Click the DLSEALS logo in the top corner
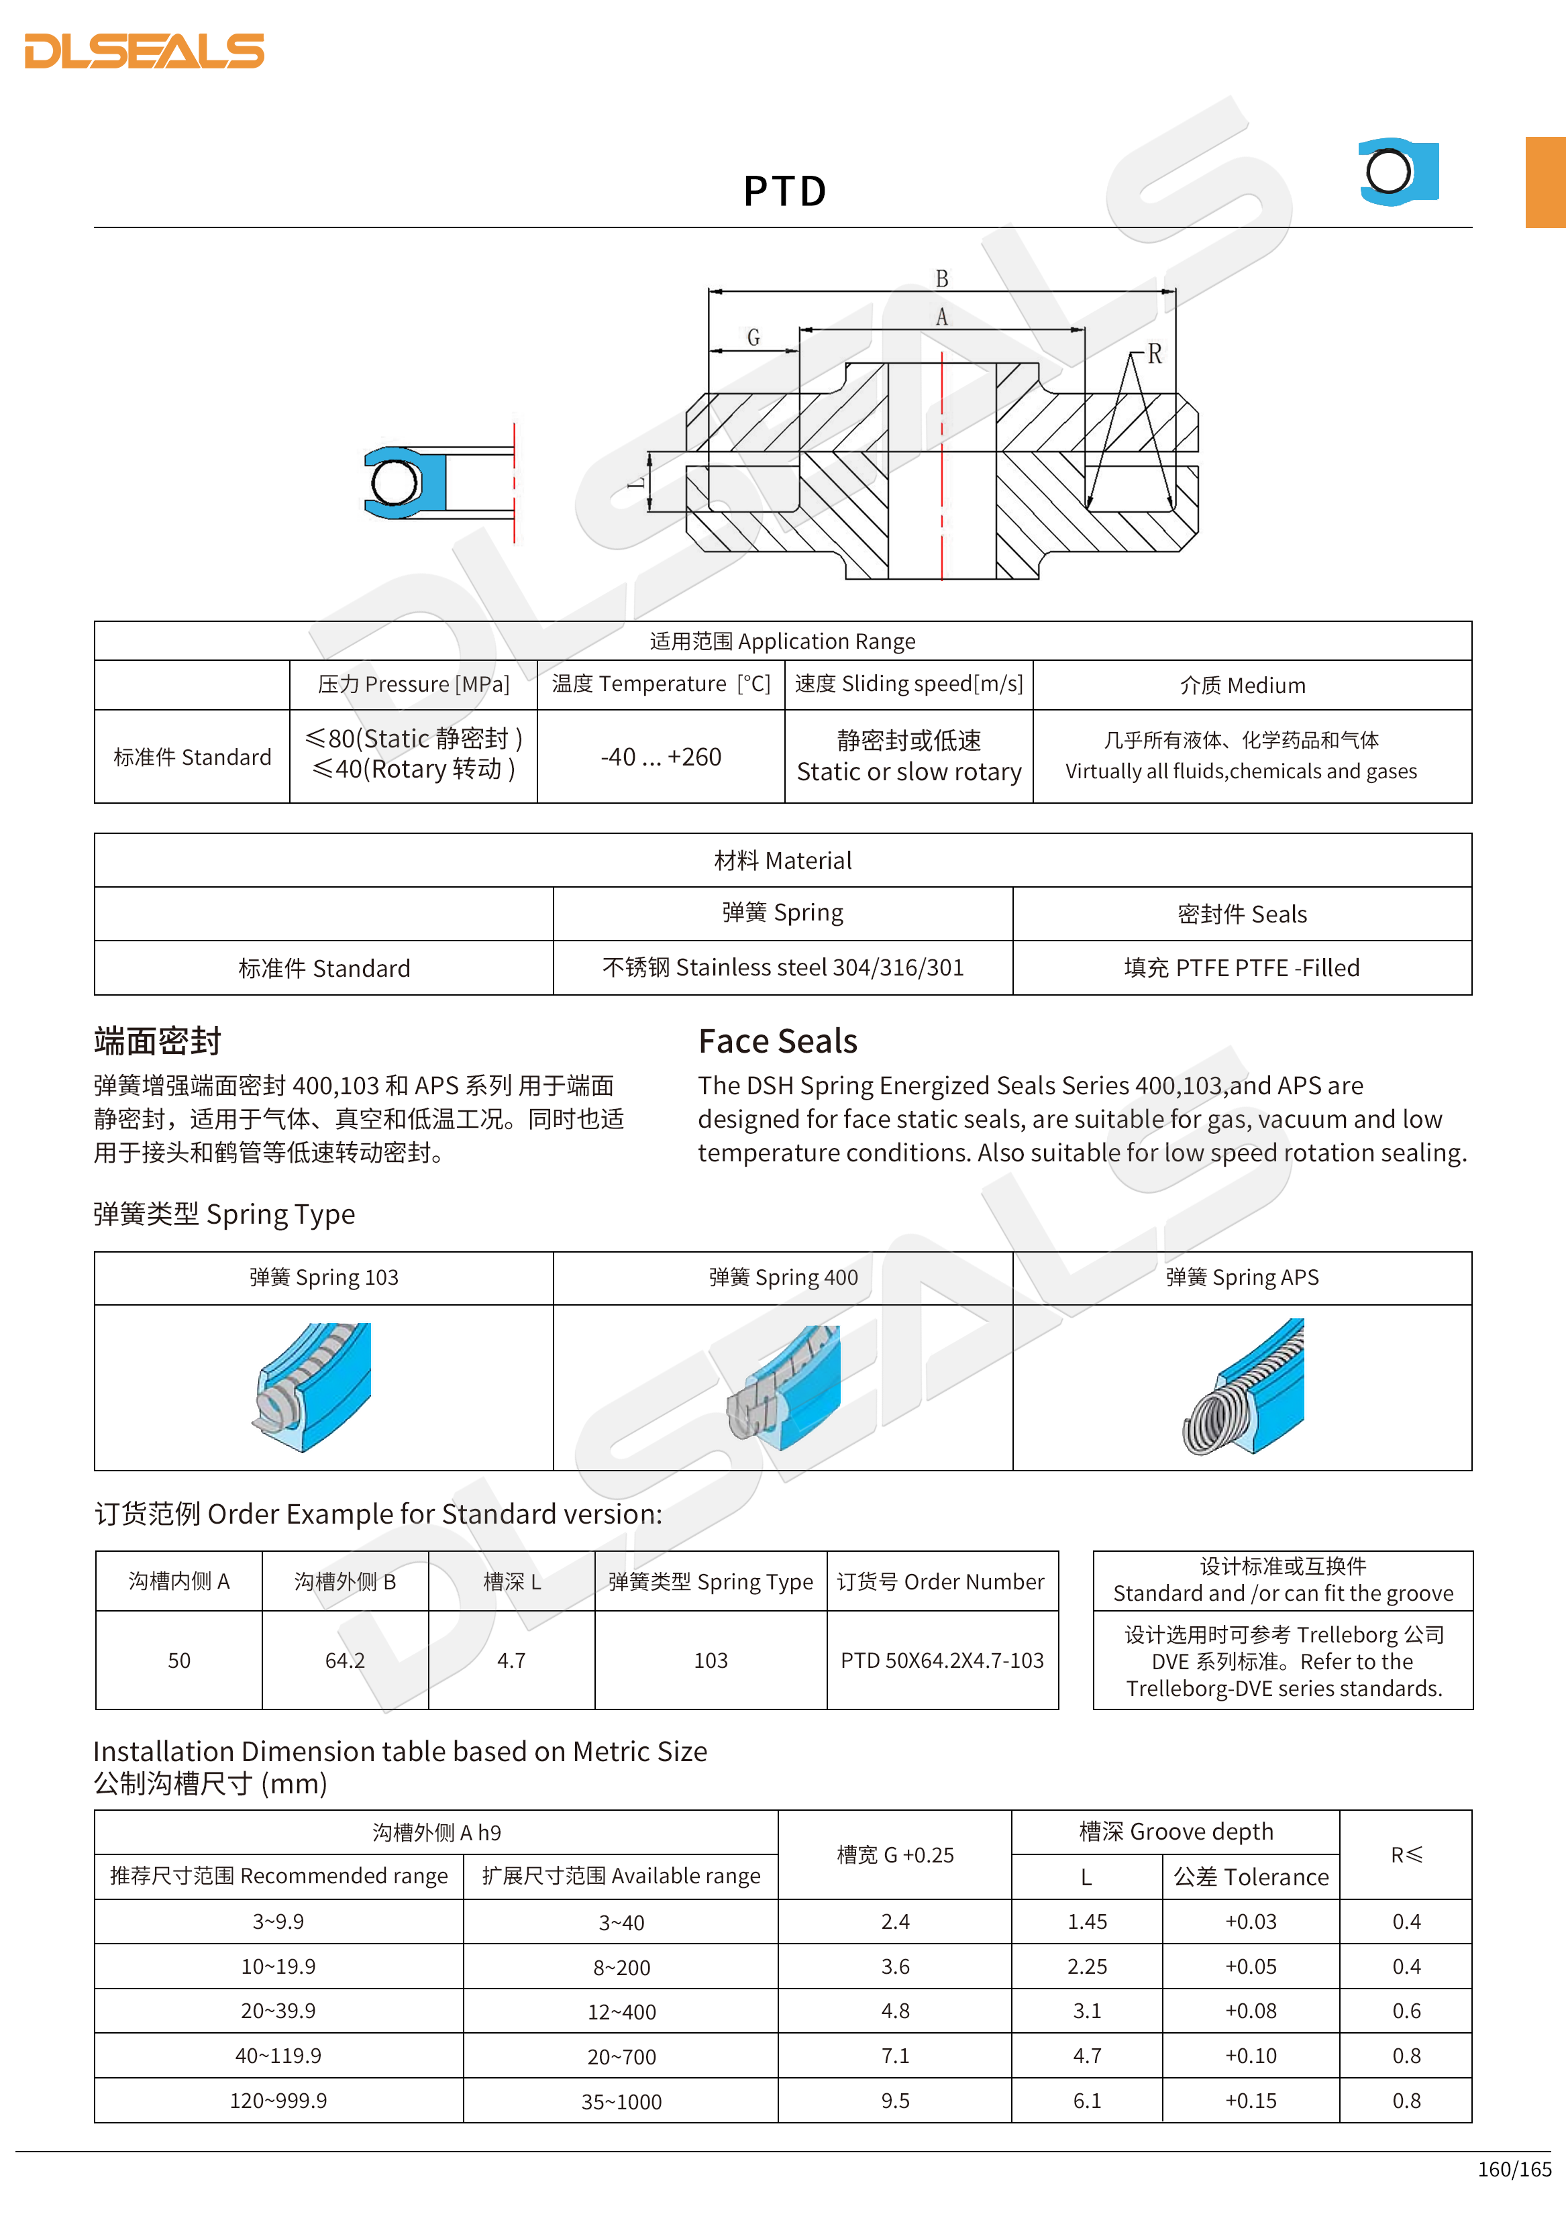pyautogui.click(x=145, y=51)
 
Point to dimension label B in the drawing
pyautogui.click(x=942, y=278)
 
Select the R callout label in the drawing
pyautogui.click(x=1154, y=354)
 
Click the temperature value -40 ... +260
pyautogui.click(x=660, y=757)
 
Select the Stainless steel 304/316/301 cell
pyautogui.click(x=783, y=967)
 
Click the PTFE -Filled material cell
pyautogui.click(x=1241, y=967)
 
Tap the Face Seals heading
pyautogui.click(x=777, y=1041)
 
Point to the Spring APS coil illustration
pyautogui.click(x=1243, y=1387)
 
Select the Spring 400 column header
pyautogui.click(x=783, y=1277)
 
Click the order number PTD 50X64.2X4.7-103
pyautogui.click(x=942, y=1660)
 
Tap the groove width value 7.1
pyautogui.click(x=895, y=2056)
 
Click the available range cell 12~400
pyautogui.click(x=621, y=2011)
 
